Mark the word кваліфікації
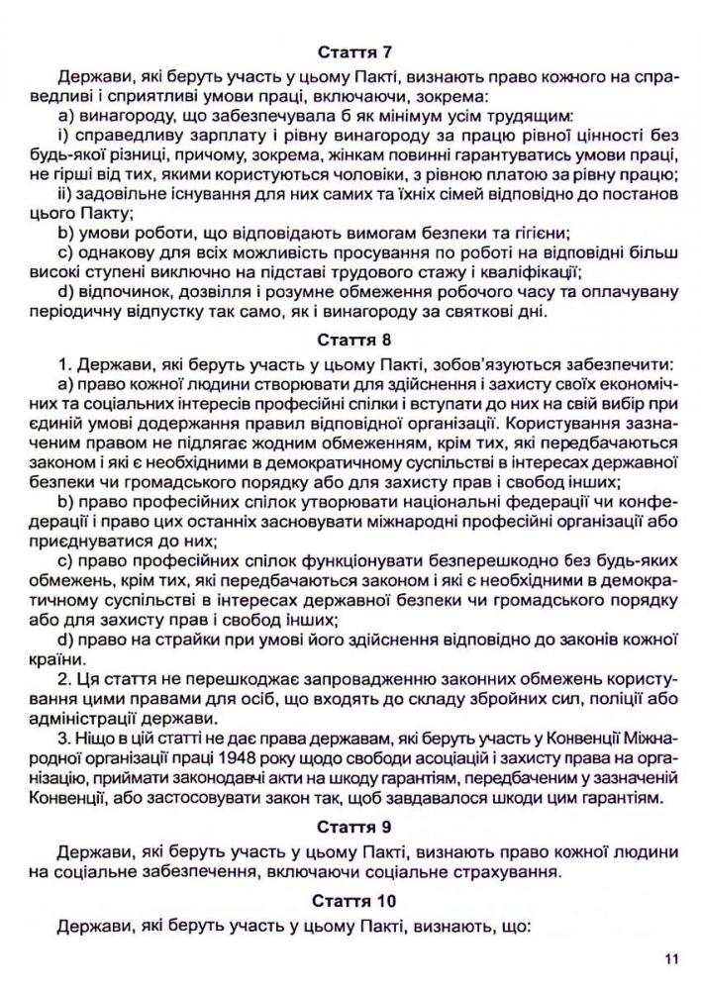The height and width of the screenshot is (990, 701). click(x=522, y=271)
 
